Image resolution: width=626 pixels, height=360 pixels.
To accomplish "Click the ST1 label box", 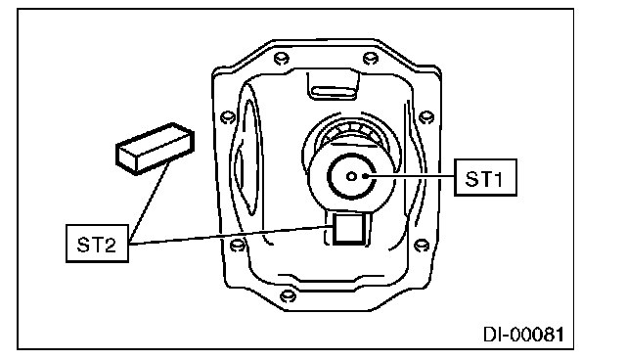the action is point(485,178).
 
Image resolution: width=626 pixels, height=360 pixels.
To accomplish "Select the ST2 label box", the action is point(97,244).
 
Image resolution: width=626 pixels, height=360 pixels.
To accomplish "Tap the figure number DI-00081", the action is point(524,334).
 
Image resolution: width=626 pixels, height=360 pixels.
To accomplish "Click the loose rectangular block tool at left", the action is point(155,149).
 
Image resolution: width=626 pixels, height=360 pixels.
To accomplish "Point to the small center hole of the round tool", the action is point(351,176).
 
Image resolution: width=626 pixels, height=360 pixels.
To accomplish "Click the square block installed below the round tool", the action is point(348,228).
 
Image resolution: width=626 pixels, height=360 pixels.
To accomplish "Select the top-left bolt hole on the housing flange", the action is point(282,59).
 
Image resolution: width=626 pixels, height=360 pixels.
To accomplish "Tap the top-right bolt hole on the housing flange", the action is point(371,59).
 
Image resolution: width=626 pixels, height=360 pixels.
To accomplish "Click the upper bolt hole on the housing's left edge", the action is point(228,117).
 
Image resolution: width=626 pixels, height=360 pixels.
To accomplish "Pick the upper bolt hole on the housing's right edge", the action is point(426,117).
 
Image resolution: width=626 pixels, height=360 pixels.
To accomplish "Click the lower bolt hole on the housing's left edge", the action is point(238,245).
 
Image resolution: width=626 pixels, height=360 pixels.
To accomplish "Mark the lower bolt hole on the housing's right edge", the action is point(422,245).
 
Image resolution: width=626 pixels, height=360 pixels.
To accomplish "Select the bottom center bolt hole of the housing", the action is point(288,296).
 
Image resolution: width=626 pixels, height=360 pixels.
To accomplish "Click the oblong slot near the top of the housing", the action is point(334,93).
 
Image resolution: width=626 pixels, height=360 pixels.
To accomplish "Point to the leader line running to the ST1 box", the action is point(411,176).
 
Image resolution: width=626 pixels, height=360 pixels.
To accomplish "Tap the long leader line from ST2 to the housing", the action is point(231,235).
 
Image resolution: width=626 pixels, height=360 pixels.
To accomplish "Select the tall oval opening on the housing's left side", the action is point(250,157).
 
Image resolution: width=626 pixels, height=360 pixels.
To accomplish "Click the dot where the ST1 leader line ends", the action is point(365,176).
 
